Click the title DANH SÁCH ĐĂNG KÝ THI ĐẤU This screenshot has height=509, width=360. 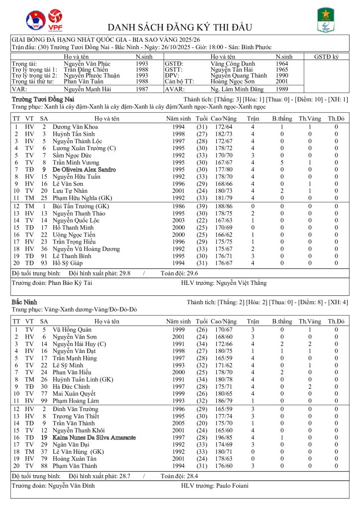coord(180,27)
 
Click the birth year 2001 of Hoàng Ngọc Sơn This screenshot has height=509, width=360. coord(281,81)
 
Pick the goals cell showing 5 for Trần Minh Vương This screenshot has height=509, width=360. coord(282,162)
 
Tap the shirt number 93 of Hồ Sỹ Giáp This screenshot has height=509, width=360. coord(44,263)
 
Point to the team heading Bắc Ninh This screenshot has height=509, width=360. coord(21,302)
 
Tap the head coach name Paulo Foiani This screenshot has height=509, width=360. coord(232,486)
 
